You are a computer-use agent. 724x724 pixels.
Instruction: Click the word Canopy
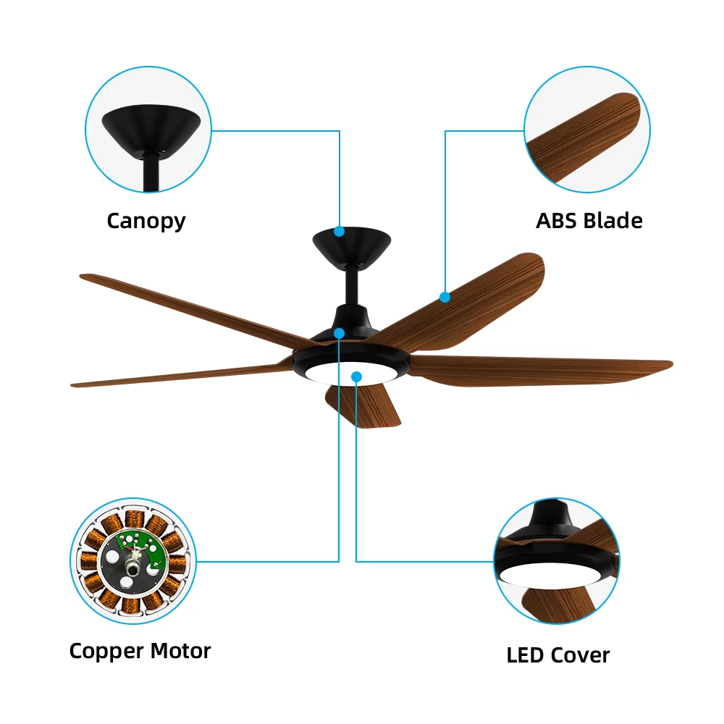pos(146,221)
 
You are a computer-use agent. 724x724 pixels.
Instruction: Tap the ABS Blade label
pos(589,221)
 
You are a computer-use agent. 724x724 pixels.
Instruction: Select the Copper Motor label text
pos(140,651)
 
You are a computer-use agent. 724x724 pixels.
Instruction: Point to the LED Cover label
pos(557,656)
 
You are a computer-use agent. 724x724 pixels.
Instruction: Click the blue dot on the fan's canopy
pos(339,232)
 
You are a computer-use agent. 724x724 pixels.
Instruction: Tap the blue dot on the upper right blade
pos(445,297)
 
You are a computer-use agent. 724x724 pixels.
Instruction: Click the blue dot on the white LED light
pos(356,376)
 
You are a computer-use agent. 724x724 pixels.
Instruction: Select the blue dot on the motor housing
pos(339,333)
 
